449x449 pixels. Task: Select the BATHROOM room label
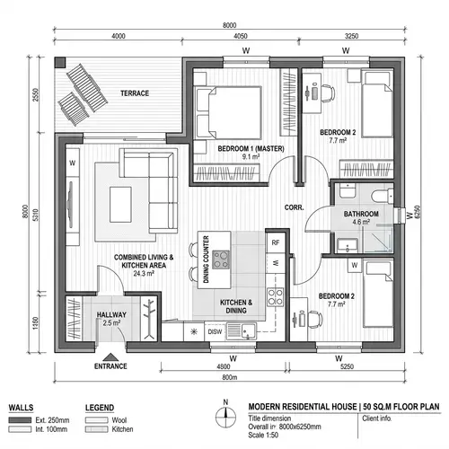(x=359, y=214)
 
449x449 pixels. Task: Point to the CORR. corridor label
(x=295, y=207)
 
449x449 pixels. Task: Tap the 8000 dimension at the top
(x=229, y=25)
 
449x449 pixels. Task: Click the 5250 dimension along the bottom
(x=348, y=365)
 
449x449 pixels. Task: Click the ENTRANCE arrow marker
(x=110, y=355)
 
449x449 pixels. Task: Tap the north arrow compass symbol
(x=227, y=415)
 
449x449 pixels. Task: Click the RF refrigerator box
(x=276, y=243)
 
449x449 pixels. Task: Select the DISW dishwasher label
(x=216, y=331)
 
